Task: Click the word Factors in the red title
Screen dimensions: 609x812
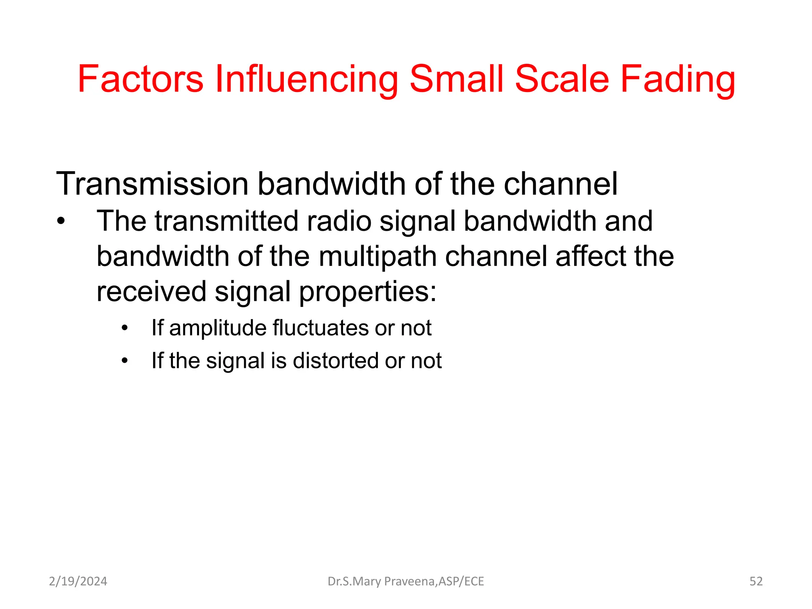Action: pyautogui.click(x=140, y=79)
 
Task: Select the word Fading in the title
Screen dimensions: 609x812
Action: pyautogui.click(x=678, y=79)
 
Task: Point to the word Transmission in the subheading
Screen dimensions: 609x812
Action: pyautogui.click(x=152, y=184)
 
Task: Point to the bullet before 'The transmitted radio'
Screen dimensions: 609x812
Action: pyautogui.click(x=60, y=221)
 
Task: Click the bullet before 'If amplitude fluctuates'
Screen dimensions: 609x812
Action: pyautogui.click(x=125, y=328)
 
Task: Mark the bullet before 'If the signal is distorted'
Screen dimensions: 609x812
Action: pyautogui.click(x=125, y=361)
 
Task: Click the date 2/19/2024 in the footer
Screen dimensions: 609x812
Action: pyautogui.click(x=78, y=581)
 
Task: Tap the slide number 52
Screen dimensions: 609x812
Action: pyautogui.click(x=756, y=581)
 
